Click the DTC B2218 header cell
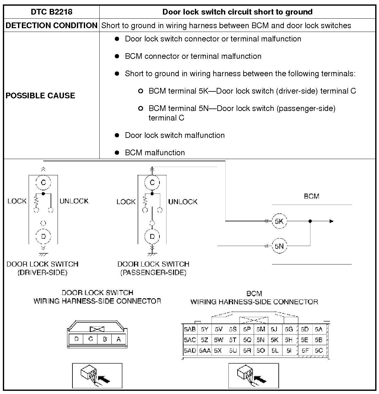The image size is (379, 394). tap(52, 12)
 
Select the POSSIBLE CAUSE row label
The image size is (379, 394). tap(40, 95)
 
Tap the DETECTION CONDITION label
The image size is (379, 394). tap(52, 25)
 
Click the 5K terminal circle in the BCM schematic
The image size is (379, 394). tap(279, 221)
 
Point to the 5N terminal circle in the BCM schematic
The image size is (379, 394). tap(279, 246)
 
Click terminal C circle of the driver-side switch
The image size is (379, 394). tap(43, 182)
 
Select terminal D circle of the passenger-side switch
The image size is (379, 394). tap(152, 236)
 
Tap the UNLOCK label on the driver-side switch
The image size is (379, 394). tap(74, 201)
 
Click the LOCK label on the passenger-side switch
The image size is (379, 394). tap(126, 202)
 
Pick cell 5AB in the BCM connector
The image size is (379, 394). tap(190, 329)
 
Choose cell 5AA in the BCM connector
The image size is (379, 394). tap(205, 350)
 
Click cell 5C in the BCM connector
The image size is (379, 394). tap(319, 350)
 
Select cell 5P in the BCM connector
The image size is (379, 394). tap(247, 329)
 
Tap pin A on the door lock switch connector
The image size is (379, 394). tap(119, 339)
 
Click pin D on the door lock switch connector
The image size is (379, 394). tap(76, 339)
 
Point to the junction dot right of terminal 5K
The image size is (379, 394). tap(310, 221)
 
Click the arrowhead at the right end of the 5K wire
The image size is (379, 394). tap(331, 221)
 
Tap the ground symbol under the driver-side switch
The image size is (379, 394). tap(43, 254)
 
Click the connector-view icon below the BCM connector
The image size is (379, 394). tap(253, 375)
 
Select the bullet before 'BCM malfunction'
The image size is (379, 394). tap(117, 153)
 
